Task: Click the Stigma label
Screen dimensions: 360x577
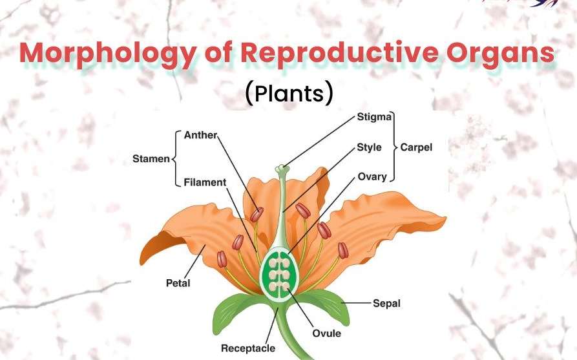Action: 374,118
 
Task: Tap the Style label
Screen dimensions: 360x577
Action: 369,147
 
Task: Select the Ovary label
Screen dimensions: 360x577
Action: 372,176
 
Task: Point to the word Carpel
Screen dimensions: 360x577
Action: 416,147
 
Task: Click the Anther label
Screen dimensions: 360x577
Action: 200,135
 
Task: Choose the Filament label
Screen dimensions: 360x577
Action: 205,182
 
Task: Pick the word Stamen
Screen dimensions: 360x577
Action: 151,158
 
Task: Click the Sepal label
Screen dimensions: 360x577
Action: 386,303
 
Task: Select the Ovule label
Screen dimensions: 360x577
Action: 326,334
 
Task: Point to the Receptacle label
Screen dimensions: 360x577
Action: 247,348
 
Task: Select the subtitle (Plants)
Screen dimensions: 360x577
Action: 289,94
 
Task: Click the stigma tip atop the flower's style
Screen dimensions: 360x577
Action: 282,169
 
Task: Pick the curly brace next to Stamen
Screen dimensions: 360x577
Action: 176,158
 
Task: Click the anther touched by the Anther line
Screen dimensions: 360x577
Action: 258,214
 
